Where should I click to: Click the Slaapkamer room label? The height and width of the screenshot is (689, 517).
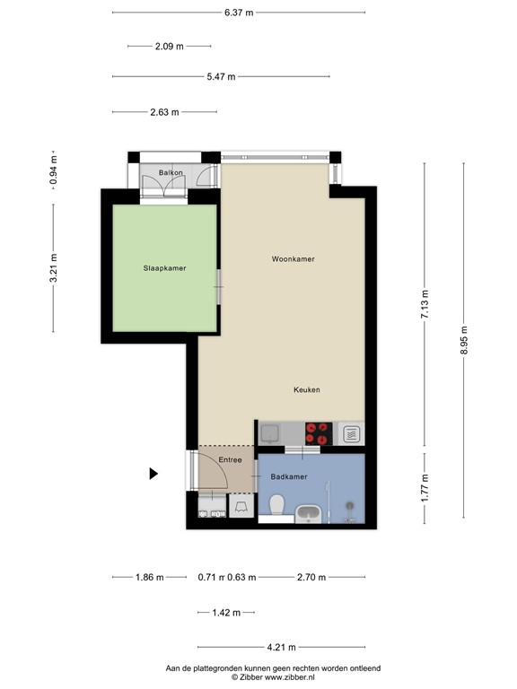coord(164,267)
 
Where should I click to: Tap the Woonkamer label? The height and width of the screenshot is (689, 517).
coord(294,258)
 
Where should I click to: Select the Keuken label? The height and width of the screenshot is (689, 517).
coord(306,389)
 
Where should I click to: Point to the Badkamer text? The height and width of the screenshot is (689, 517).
coord(289,477)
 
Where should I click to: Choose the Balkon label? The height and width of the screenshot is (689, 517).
coord(171,172)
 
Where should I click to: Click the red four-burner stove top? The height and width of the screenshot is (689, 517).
coord(318,434)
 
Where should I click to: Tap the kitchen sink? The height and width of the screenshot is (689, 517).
coord(270,434)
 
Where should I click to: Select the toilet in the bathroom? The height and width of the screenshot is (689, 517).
coord(277,506)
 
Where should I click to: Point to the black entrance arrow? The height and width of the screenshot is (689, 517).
coord(153,473)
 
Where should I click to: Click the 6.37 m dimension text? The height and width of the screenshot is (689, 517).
coord(239,13)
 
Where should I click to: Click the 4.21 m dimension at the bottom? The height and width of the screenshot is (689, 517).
coord(282,646)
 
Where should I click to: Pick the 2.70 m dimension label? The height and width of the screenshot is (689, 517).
coord(311,578)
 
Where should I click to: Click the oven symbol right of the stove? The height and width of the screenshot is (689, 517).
coord(353,435)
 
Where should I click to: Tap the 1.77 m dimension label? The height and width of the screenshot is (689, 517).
coord(425,486)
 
